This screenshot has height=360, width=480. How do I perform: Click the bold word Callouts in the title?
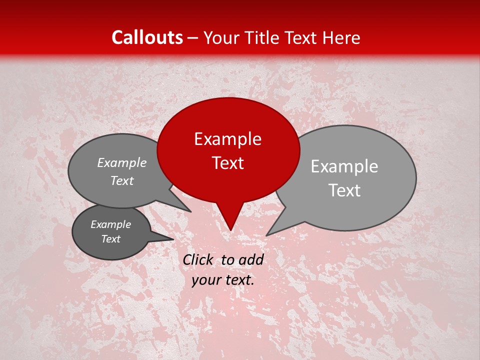[147, 37]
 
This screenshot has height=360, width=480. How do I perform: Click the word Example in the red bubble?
[227, 139]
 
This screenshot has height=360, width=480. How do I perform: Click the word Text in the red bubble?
[228, 163]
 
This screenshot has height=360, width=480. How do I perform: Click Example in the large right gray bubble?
[344, 166]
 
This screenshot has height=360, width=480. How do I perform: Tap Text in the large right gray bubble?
[345, 190]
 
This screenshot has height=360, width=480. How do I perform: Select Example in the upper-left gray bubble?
[122, 163]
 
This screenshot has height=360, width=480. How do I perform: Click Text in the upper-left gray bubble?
[122, 181]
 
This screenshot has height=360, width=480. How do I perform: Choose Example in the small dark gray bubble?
[111, 224]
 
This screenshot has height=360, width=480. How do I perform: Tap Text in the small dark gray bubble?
[111, 239]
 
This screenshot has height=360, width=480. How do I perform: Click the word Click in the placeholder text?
[199, 259]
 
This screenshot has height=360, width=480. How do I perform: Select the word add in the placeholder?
[251, 259]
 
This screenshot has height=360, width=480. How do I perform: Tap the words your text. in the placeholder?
[223, 280]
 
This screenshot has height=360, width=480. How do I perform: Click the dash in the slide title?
[193, 38]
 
